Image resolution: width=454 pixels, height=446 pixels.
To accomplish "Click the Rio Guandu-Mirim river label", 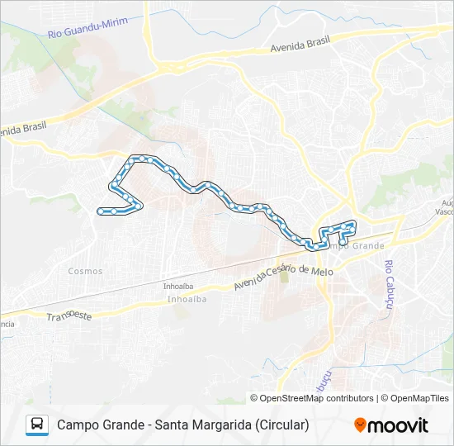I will pyautogui.click(x=88, y=27).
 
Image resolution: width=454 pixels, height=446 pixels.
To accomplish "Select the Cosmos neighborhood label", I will pyautogui.click(x=86, y=271).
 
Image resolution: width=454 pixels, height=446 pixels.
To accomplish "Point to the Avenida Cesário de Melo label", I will pyautogui.click(x=282, y=277).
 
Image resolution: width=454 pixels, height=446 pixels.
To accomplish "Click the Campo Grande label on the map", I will pyautogui.click(x=356, y=246).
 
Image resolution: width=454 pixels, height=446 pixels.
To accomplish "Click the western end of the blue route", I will pyautogui.click(x=99, y=211).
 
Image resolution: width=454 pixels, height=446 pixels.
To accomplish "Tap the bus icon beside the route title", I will pyautogui.click(x=37, y=425).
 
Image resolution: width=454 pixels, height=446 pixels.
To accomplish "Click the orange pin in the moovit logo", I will pyautogui.click(x=360, y=425).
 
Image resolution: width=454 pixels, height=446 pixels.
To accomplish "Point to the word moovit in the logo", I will pyautogui.click(x=399, y=425).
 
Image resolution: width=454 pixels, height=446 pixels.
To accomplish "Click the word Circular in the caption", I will pyautogui.click(x=281, y=425).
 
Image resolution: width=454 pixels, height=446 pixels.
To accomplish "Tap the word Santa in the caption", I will pyautogui.click(x=169, y=425).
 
